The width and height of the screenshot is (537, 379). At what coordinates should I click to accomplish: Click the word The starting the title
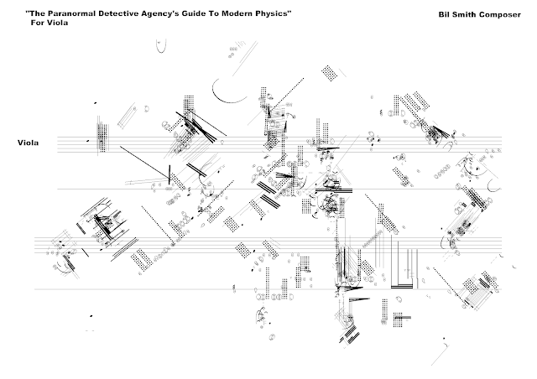[x=37, y=13]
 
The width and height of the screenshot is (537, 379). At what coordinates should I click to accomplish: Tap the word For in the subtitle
[x=37, y=23]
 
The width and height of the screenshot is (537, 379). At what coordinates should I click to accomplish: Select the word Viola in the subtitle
[x=57, y=23]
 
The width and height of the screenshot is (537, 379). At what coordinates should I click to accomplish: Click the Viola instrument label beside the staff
[x=28, y=143]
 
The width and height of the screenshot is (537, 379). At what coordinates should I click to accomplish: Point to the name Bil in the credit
[x=444, y=15]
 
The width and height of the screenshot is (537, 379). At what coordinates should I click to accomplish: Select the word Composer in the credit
[x=500, y=15]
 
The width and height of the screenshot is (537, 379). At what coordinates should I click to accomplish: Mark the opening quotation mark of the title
[x=28, y=12]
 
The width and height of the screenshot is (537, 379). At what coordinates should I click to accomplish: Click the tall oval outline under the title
[x=161, y=46]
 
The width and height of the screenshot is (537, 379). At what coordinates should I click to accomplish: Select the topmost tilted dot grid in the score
[x=329, y=73]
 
